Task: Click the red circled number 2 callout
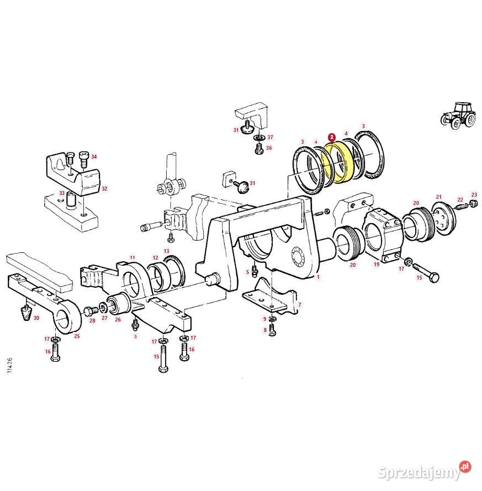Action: click(x=331, y=137)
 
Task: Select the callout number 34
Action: click(x=94, y=156)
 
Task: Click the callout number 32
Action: click(x=104, y=188)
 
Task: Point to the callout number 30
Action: click(x=36, y=318)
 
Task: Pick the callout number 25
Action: click(x=77, y=336)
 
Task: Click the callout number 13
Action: click(x=166, y=251)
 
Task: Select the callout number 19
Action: click(x=377, y=265)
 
